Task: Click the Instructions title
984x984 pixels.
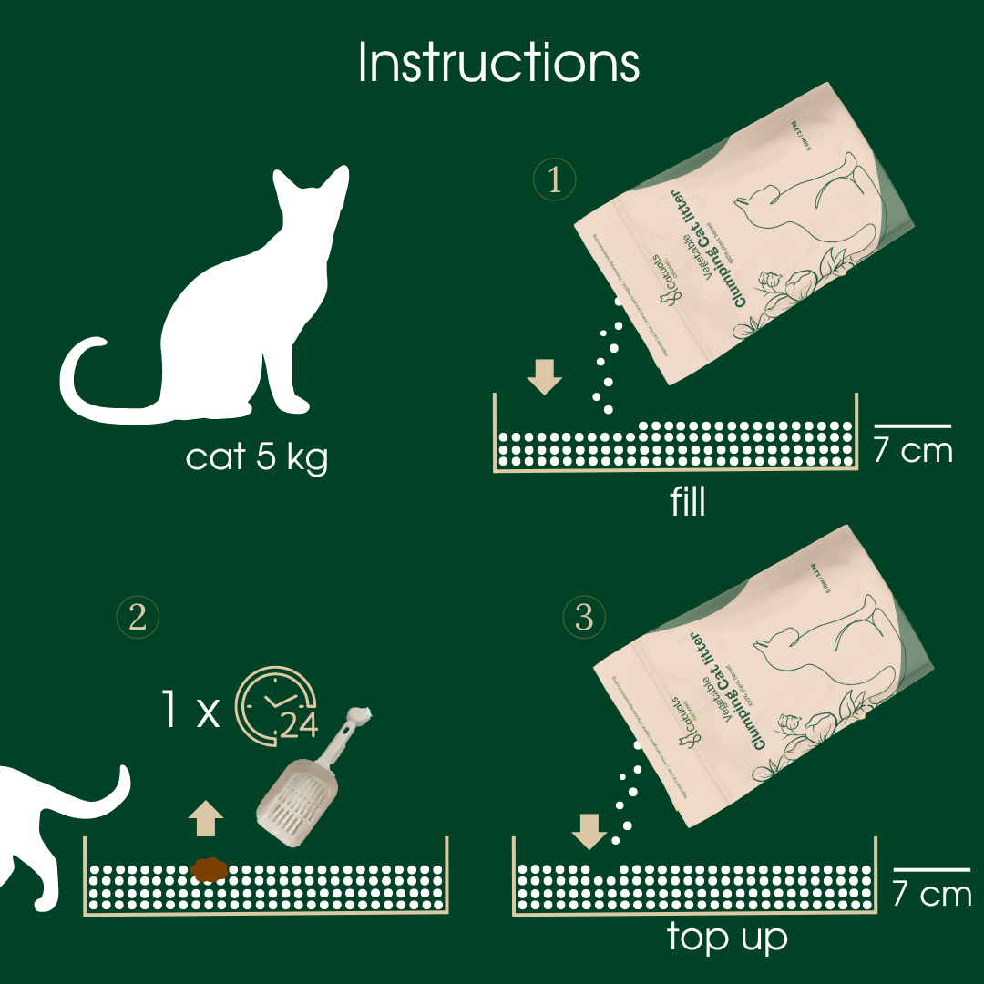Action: click(498, 62)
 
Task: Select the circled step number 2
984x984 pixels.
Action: click(138, 618)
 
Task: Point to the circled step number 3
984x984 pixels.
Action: click(584, 618)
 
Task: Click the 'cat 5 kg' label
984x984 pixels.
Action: click(256, 456)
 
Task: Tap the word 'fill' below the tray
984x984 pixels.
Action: click(687, 502)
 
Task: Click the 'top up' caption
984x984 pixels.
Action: click(726, 937)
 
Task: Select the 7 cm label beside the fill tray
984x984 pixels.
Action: click(913, 450)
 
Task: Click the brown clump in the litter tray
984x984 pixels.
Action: click(209, 870)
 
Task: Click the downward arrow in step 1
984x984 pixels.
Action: click(545, 375)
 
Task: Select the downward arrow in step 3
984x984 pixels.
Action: click(588, 828)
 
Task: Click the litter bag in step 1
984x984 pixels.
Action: click(747, 237)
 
